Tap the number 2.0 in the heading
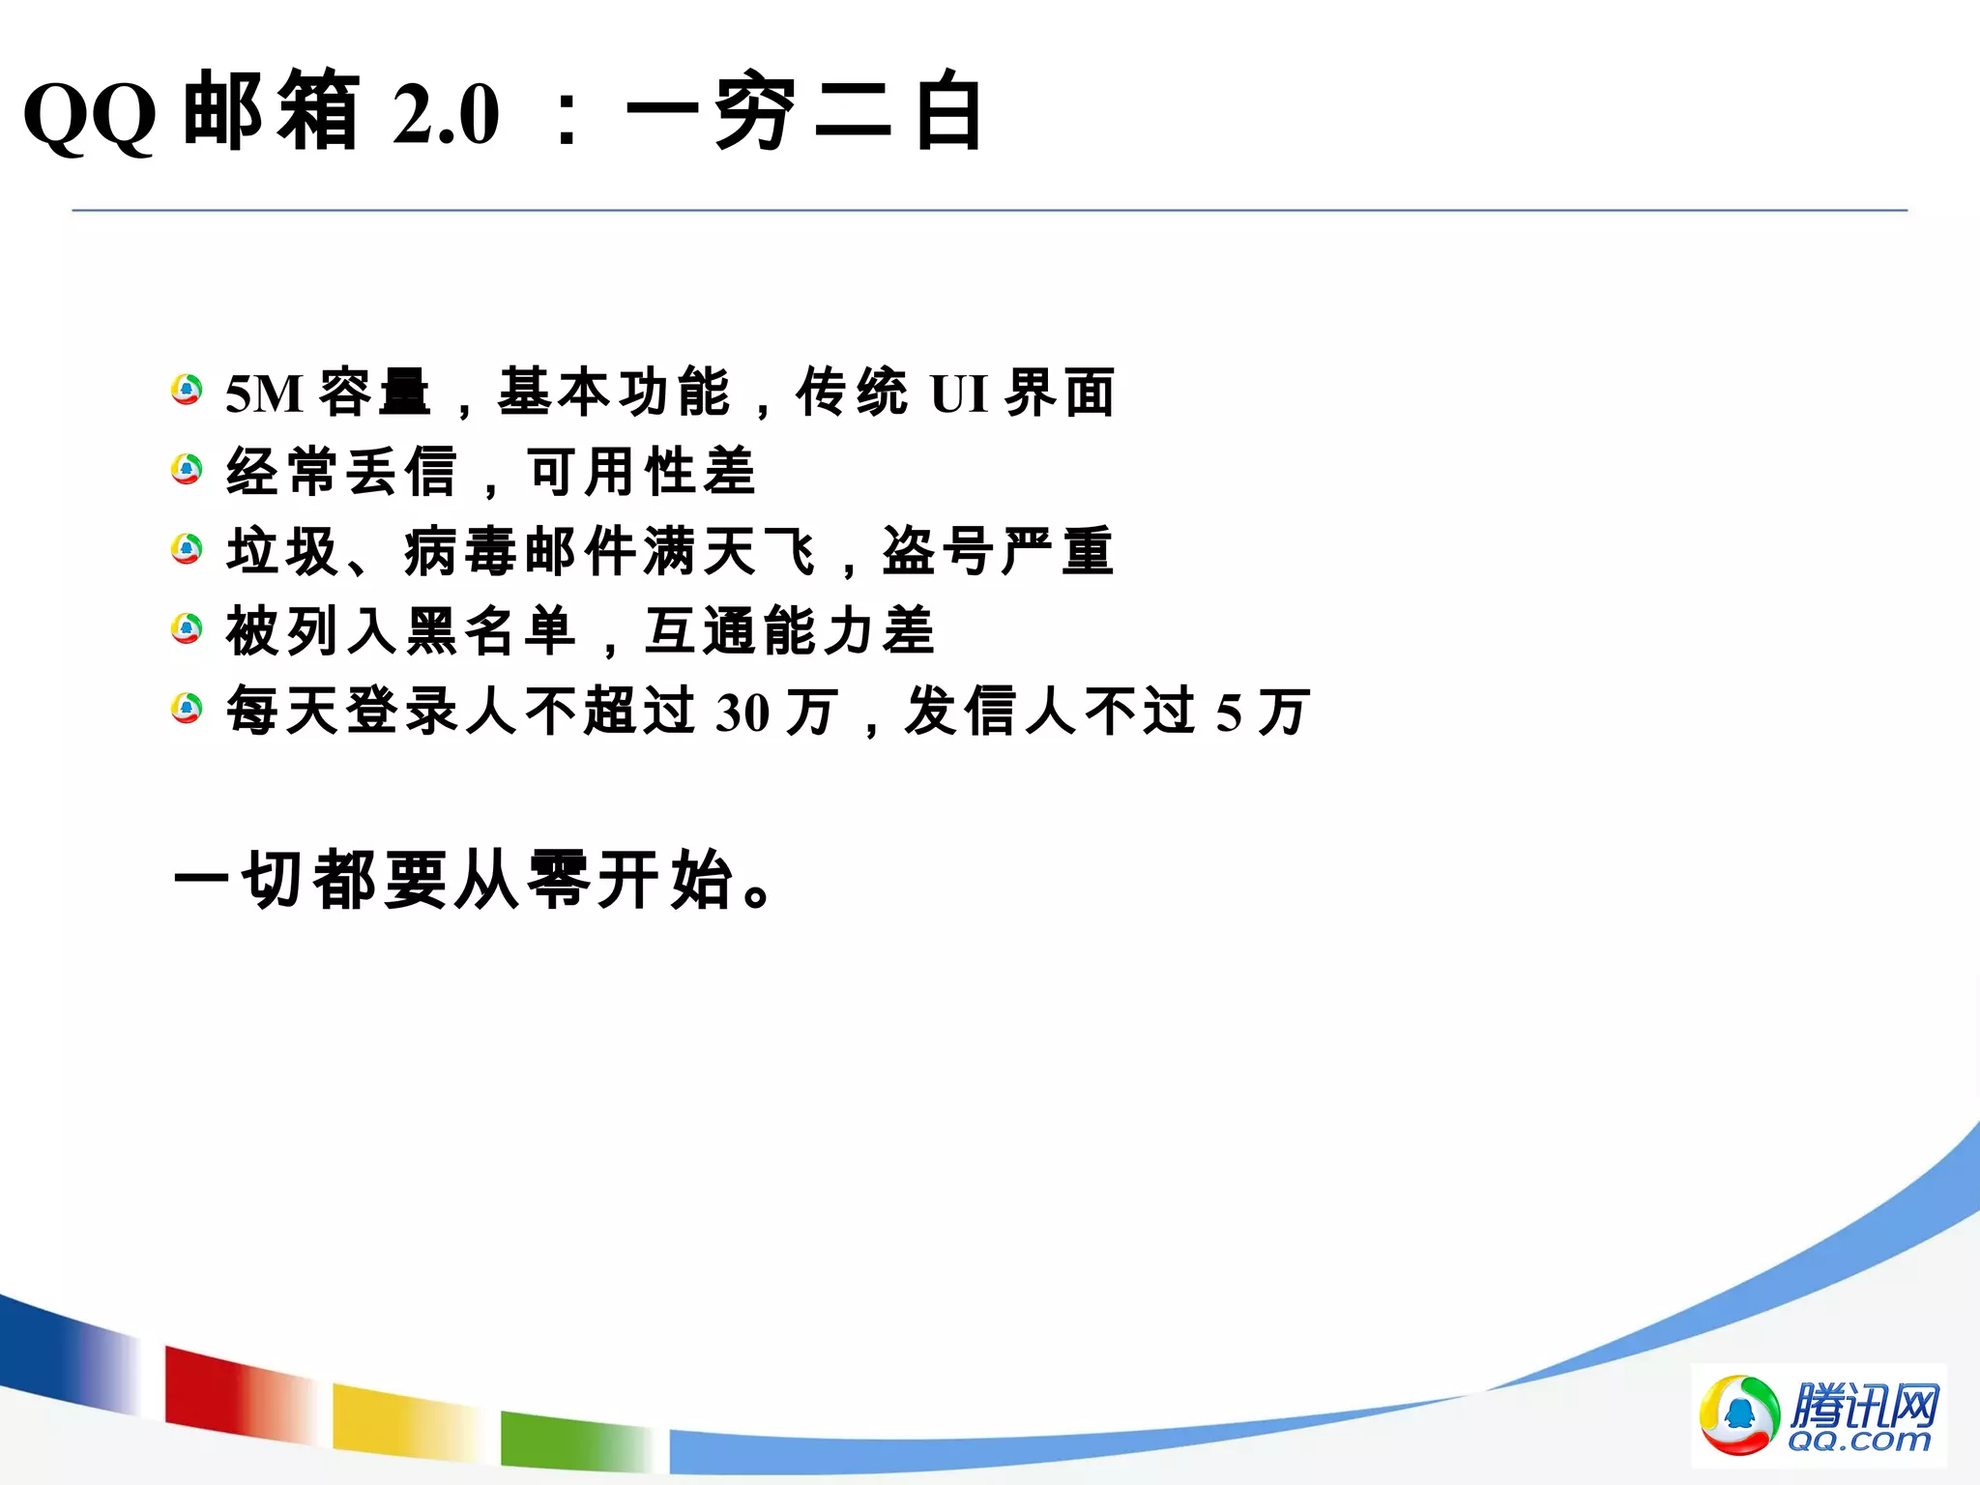pos(446,114)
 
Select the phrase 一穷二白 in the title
pos(804,112)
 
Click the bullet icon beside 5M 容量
pos(187,391)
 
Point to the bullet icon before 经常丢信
pos(187,471)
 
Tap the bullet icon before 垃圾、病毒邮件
pos(187,550)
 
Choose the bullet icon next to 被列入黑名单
pos(187,629)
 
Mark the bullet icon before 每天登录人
pos(187,709)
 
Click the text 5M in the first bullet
pos(264,393)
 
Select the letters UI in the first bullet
pos(958,393)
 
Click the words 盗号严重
pos(998,551)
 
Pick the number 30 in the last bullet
pos(742,713)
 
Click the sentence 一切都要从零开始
pos(474,880)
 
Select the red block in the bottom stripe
pos(232,1388)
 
